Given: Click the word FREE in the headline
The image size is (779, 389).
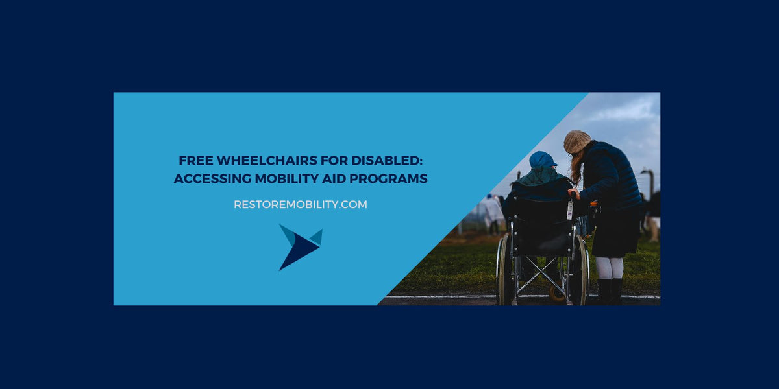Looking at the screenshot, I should point(195,161).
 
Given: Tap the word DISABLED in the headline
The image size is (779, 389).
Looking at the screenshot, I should point(389,161).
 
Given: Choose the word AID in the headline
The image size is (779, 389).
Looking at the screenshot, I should point(338,179).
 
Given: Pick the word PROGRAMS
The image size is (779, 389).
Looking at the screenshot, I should point(392,179).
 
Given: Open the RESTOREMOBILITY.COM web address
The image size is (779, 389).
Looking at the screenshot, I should point(300,204).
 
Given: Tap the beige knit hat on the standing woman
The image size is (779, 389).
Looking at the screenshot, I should point(576,141).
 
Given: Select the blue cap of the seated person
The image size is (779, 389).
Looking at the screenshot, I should point(542,159).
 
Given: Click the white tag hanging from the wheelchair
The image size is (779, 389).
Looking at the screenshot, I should point(570,210).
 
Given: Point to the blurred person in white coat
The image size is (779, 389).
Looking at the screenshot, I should point(492,211).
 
